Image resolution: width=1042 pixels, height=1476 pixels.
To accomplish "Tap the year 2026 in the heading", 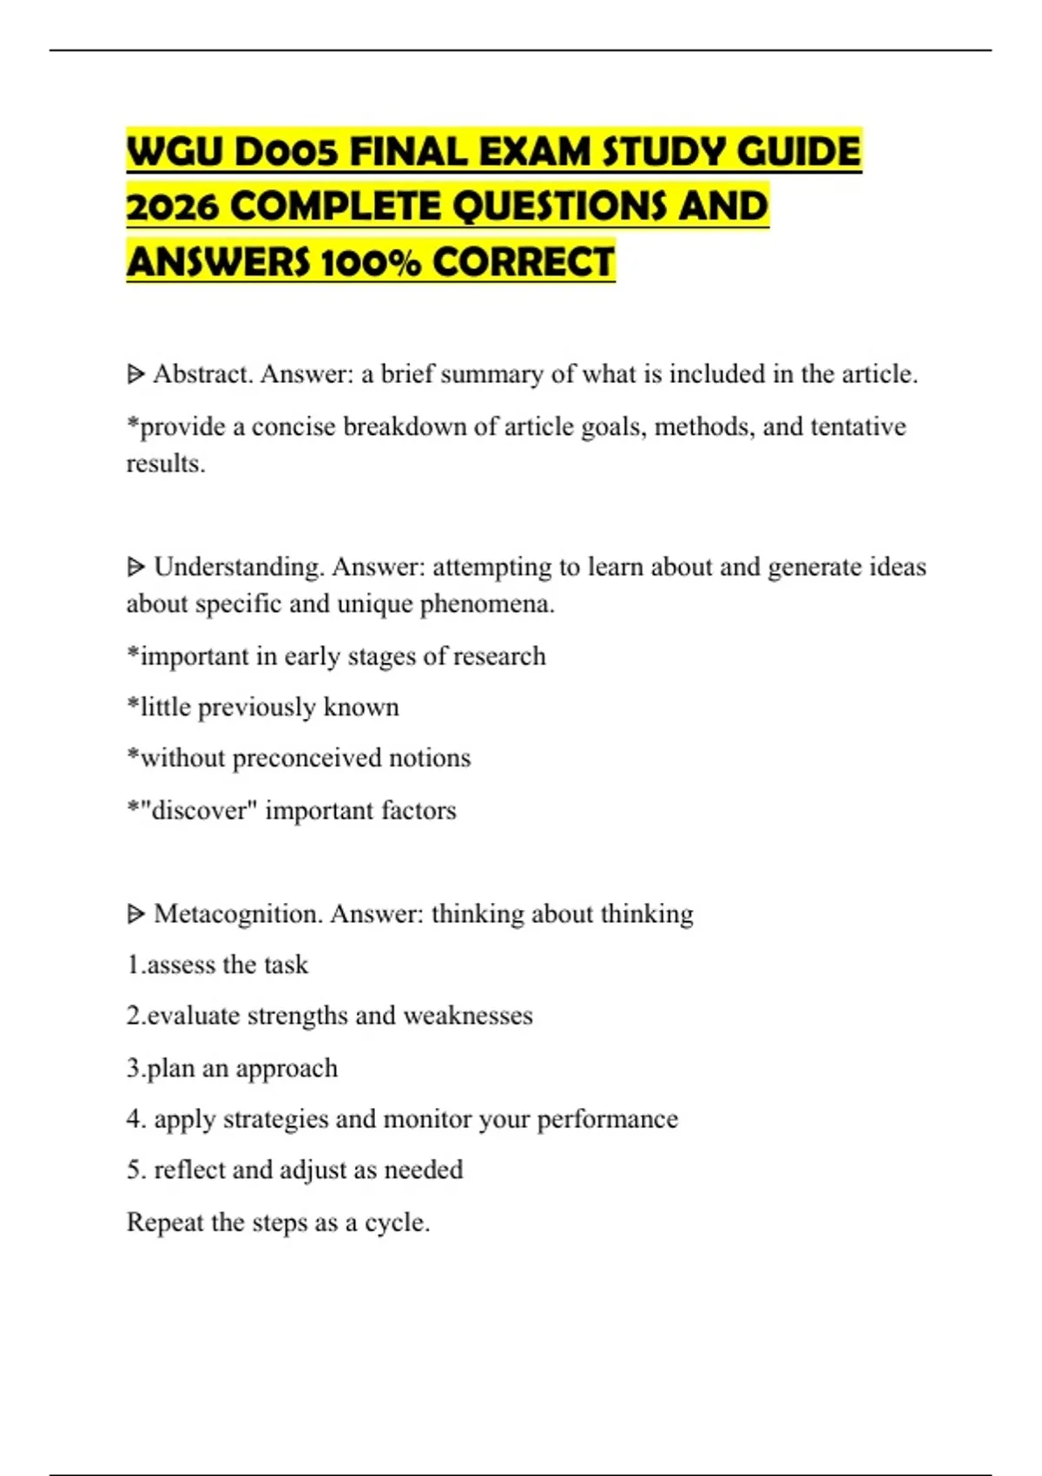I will coord(173,208).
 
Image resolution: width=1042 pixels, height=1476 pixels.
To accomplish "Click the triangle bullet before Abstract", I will coord(135,374).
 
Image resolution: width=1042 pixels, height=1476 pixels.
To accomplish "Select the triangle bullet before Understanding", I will coord(135,567).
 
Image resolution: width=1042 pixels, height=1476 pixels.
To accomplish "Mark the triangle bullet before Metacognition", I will coord(135,913).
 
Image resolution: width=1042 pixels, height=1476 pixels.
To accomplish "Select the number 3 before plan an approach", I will coord(133,1068).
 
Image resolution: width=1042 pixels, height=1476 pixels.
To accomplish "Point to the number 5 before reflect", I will coord(134,1170).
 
